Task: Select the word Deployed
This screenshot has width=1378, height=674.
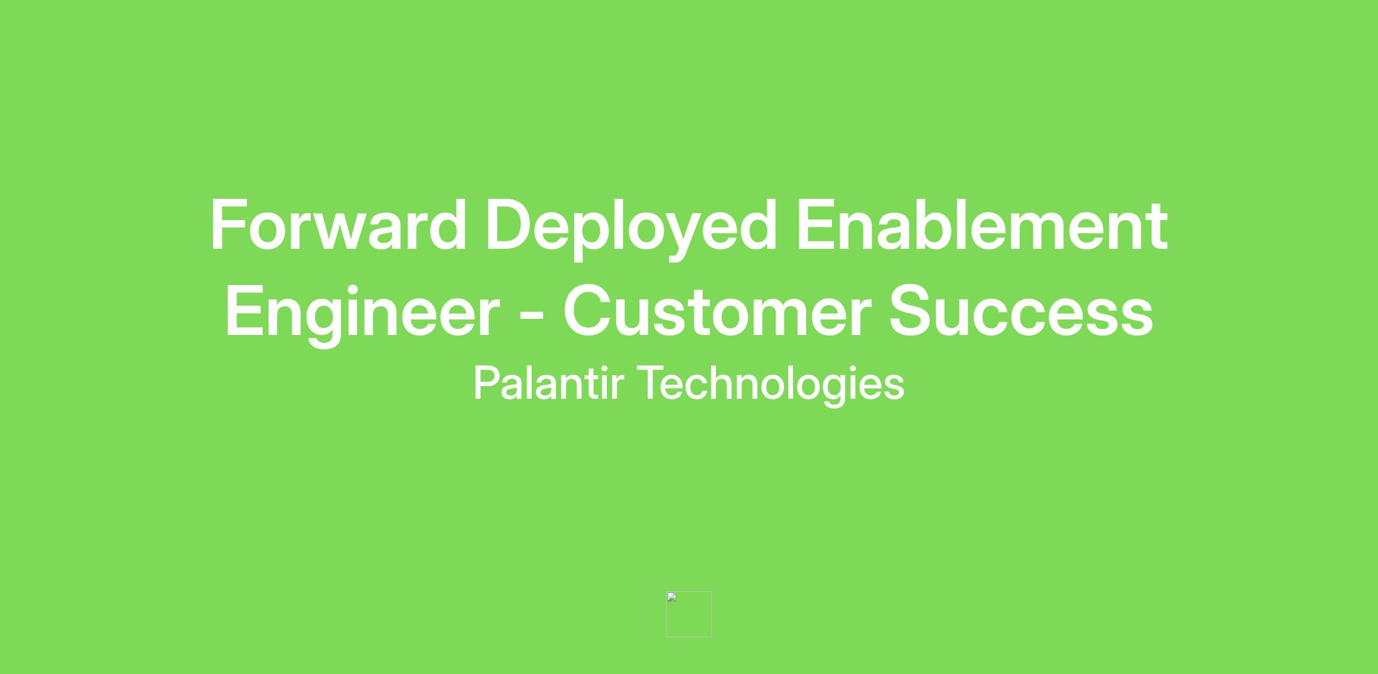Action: (x=632, y=229)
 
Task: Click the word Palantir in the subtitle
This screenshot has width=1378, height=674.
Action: (x=548, y=383)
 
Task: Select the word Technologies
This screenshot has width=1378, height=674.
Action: (x=771, y=386)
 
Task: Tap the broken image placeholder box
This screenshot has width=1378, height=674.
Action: (x=688, y=614)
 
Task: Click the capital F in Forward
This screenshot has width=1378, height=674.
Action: (x=229, y=225)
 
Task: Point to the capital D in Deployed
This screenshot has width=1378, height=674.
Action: (x=511, y=225)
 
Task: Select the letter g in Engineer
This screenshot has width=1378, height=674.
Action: (x=324, y=323)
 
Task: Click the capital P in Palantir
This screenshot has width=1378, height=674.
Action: (x=487, y=383)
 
